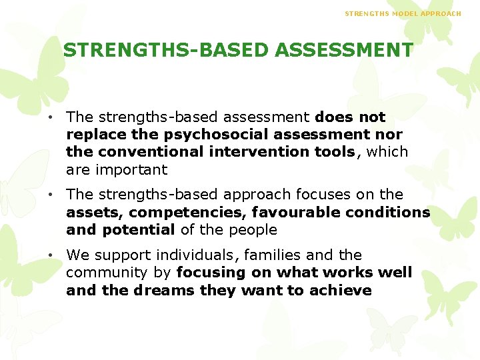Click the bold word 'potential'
pyautogui.click(x=138, y=230)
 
